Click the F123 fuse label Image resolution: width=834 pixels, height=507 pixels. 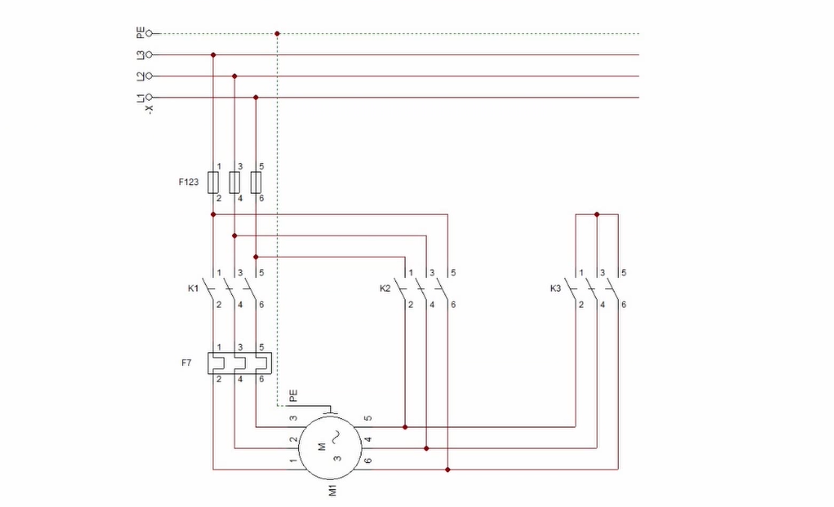(189, 182)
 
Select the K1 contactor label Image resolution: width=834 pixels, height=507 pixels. (192, 288)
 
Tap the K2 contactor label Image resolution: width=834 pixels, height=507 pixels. (385, 288)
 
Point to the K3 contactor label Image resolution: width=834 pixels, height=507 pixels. (556, 288)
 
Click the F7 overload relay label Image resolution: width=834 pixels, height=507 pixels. (186, 363)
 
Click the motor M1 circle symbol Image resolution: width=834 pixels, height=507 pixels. (330, 447)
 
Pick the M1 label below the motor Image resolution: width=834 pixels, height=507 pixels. (333, 490)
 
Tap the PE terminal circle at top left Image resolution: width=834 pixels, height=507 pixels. (149, 34)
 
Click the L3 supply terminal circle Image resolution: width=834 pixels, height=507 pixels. (149, 55)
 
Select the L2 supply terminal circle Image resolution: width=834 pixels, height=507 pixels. (149, 76)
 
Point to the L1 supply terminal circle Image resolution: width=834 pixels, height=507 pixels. (149, 97)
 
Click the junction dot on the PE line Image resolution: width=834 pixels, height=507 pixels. (277, 34)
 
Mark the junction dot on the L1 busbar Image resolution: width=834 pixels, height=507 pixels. (256, 97)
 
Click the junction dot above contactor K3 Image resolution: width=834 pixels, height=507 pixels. (597, 214)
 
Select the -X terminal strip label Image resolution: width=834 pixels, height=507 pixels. (150, 109)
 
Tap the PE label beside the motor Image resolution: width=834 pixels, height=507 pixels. (293, 396)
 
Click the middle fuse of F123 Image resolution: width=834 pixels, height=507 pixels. (234, 182)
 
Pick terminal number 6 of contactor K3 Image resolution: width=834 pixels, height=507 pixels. (624, 304)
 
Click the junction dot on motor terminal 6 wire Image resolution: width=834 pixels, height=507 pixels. (448, 470)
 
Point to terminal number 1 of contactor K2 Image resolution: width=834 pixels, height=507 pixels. (410, 273)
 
